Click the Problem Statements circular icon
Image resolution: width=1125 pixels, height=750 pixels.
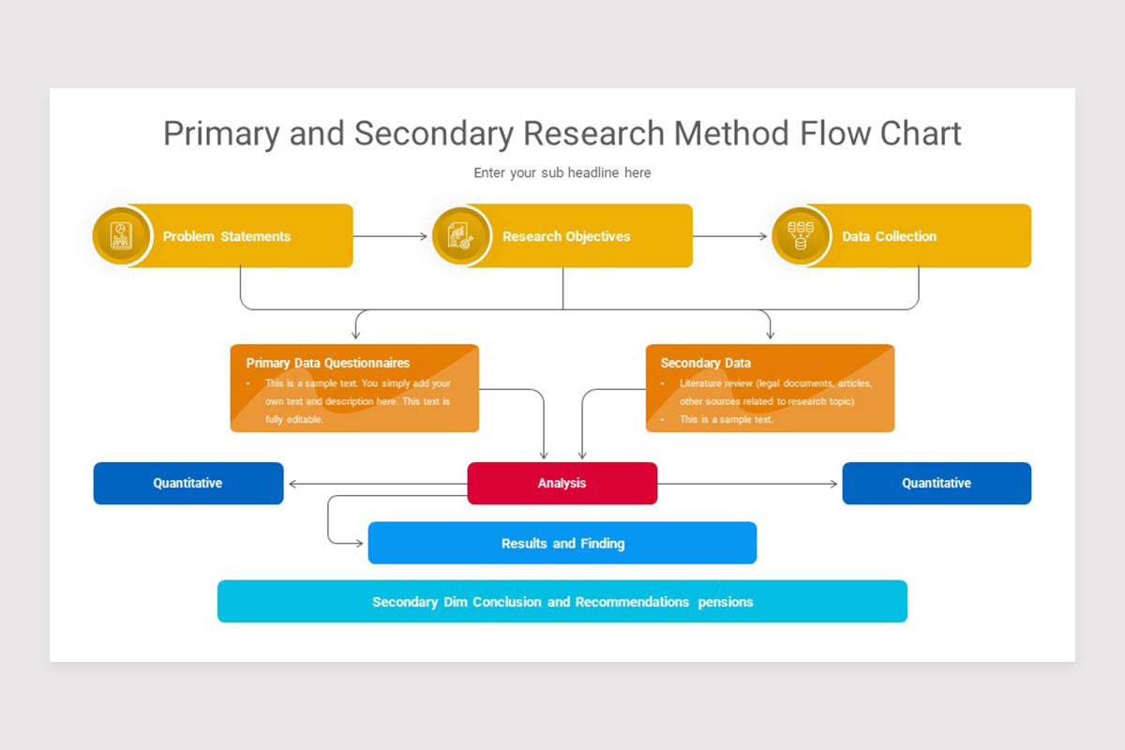pos(121,235)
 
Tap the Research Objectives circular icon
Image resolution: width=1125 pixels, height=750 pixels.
pos(460,235)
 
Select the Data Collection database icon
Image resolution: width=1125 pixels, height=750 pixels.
pos(800,235)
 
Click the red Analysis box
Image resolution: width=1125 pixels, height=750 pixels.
pos(562,483)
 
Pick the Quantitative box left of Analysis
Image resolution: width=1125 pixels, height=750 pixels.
pos(187,483)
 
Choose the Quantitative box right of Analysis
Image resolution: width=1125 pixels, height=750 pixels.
pos(937,483)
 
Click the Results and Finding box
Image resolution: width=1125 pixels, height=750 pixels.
pos(562,543)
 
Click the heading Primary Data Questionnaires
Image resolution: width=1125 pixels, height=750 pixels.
pos(327,363)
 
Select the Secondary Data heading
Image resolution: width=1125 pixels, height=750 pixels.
pos(705,363)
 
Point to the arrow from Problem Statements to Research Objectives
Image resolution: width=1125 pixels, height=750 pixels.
pos(390,236)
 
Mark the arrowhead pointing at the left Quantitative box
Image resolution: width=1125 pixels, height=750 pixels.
pos(292,484)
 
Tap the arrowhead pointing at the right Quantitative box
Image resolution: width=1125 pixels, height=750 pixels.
pos(833,484)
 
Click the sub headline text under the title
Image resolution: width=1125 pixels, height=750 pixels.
pos(562,172)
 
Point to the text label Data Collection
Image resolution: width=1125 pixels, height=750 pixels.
pos(889,236)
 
